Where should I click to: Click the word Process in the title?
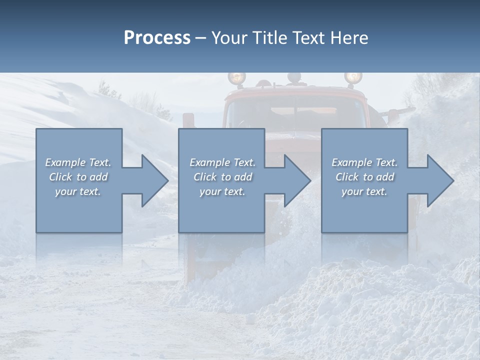pos(157,38)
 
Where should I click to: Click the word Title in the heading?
pos(269,38)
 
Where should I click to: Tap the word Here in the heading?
pos(348,38)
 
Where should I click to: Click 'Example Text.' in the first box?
pos(78,162)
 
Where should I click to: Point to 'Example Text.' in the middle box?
pos(222,162)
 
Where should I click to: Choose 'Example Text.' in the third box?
pos(364,162)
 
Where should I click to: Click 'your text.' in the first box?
pos(78,191)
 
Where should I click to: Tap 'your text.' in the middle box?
pos(222,191)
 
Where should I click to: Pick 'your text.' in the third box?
pos(364,191)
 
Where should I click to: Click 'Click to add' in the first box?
pos(78,177)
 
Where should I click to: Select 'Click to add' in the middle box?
pos(222,177)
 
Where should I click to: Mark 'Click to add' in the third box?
pos(364,177)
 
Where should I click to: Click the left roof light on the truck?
pos(237,78)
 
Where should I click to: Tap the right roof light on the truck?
pos(353,77)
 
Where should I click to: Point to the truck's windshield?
pos(295,112)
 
